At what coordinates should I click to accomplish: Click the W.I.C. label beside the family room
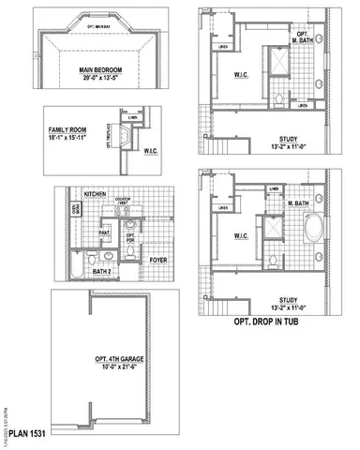(153, 147)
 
